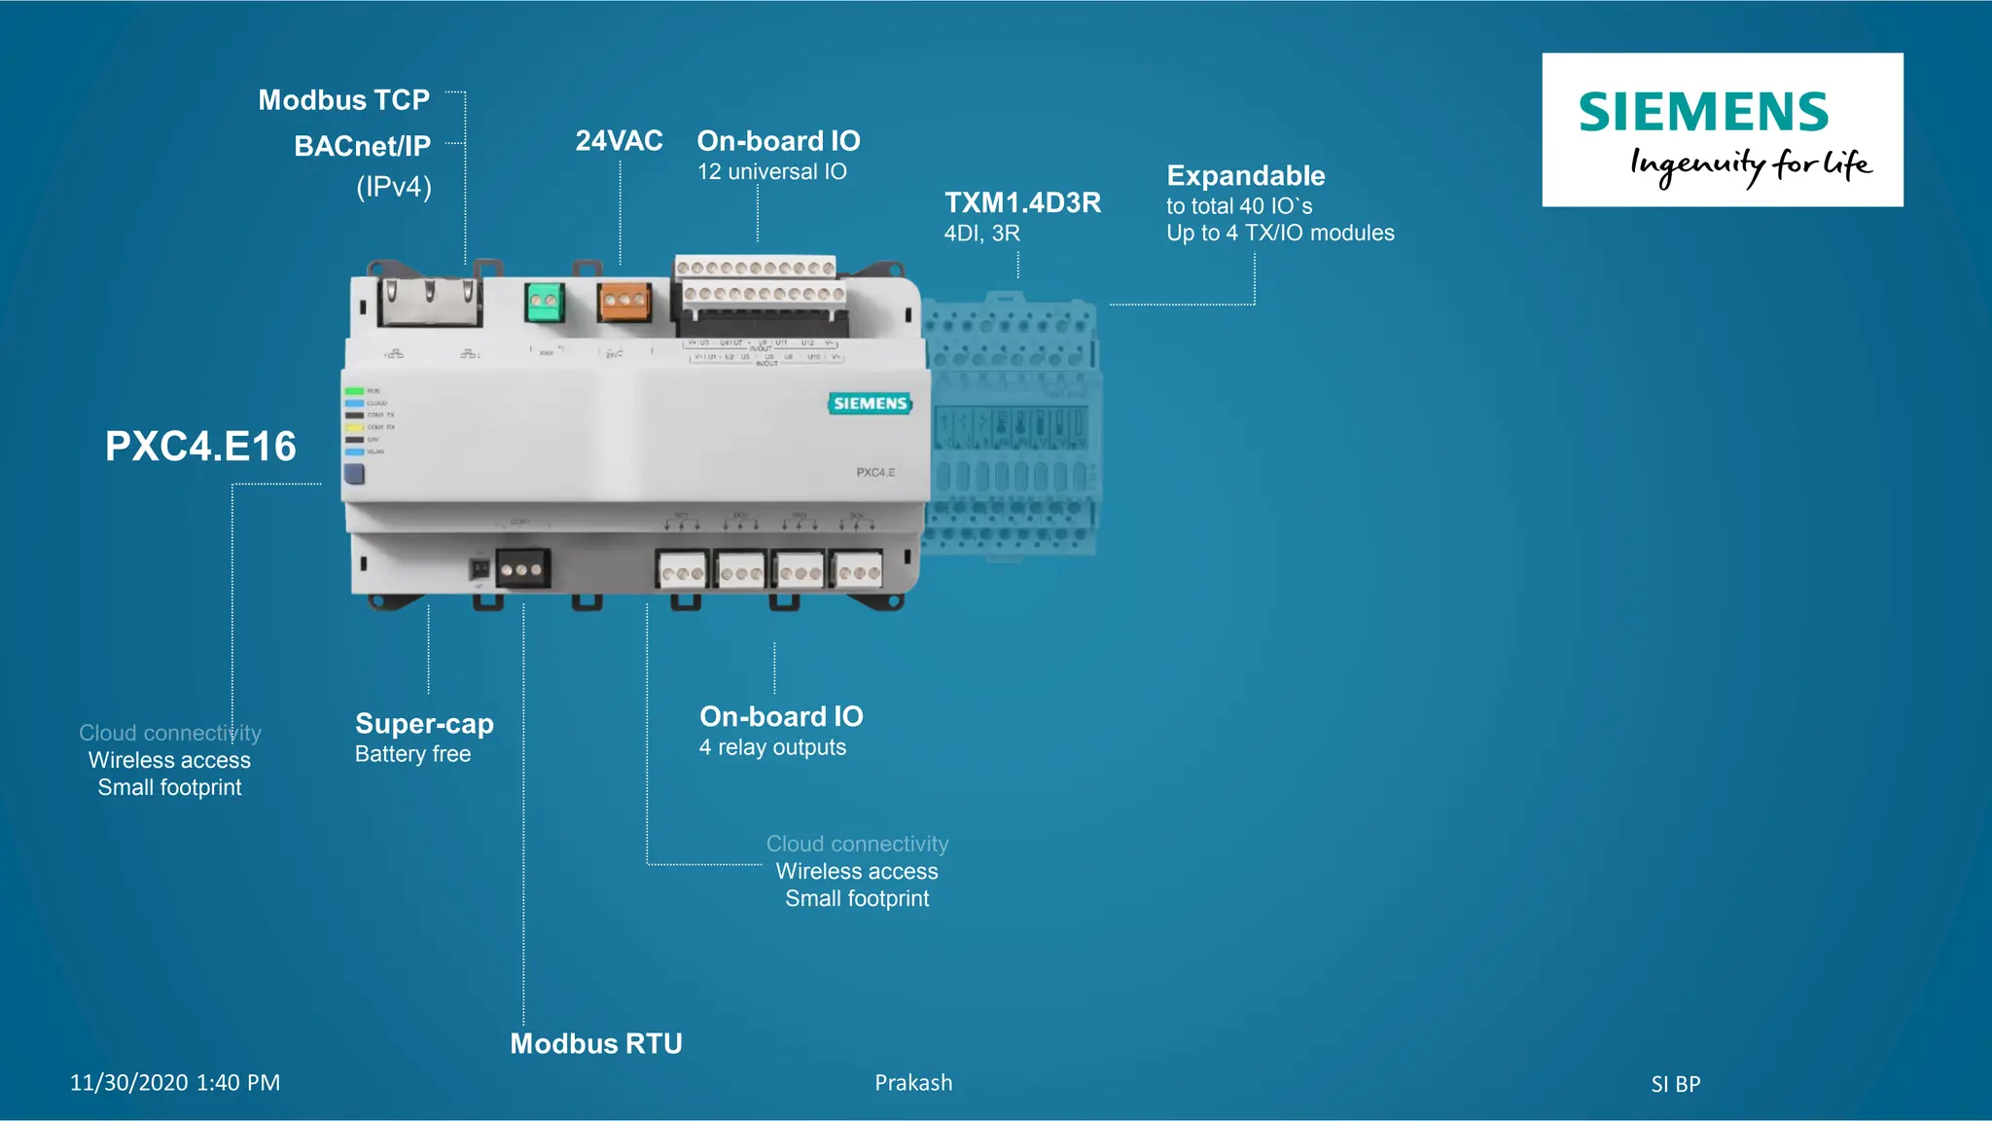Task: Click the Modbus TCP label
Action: click(x=343, y=100)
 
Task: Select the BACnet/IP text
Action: click(x=362, y=146)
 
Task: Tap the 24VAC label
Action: click(x=619, y=141)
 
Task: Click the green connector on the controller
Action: click(x=545, y=303)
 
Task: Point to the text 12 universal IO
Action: click(x=771, y=172)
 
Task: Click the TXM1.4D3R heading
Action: click(x=1022, y=202)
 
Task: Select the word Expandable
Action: click(x=1245, y=176)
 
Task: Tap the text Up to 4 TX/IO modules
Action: click(x=1280, y=234)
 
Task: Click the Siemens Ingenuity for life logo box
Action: click(x=1722, y=129)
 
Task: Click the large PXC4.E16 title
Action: click(x=200, y=447)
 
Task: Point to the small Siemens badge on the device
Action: click(x=870, y=404)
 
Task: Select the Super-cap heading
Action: click(x=424, y=724)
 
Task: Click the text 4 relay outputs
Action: click(x=772, y=748)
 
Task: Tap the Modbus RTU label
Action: click(x=596, y=1044)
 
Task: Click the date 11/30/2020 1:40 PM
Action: click(x=175, y=1083)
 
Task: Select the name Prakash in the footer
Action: click(x=913, y=1083)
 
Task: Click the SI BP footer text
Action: click(x=1675, y=1084)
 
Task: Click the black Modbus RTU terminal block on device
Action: click(x=522, y=568)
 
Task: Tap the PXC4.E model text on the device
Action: click(x=875, y=473)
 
